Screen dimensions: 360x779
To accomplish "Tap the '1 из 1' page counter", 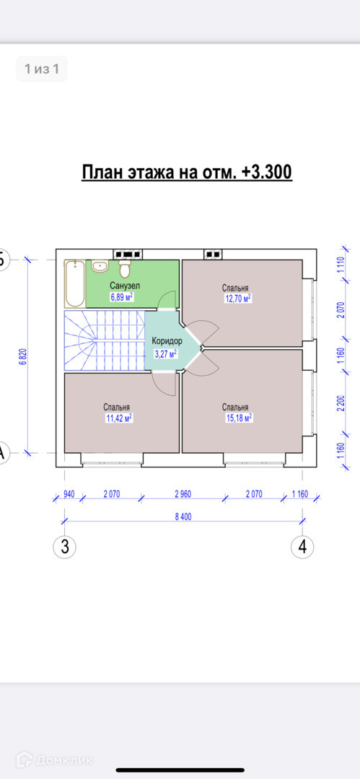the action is coord(42,69).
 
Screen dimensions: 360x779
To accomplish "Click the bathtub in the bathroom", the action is coord(74,283).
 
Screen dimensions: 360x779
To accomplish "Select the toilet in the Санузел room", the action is coord(125,268).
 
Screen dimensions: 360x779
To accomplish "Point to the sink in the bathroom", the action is coord(100,266).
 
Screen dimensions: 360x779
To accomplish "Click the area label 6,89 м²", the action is coord(121,297).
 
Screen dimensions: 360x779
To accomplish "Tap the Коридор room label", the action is coord(167,341).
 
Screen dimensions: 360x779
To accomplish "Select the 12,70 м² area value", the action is coord(237,299).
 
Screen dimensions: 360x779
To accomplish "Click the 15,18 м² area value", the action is coord(239,418).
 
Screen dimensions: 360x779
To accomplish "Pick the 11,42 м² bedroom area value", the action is coord(119,418).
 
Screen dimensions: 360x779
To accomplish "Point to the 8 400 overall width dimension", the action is coord(183,516).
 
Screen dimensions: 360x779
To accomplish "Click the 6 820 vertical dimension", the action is coord(22,356).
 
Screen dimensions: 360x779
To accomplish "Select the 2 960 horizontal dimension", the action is coord(183,494).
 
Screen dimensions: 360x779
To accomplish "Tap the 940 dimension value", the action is coord(69,494).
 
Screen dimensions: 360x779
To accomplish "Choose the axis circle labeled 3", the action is coord(65,547).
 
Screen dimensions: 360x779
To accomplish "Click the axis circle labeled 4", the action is coord(302,547).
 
